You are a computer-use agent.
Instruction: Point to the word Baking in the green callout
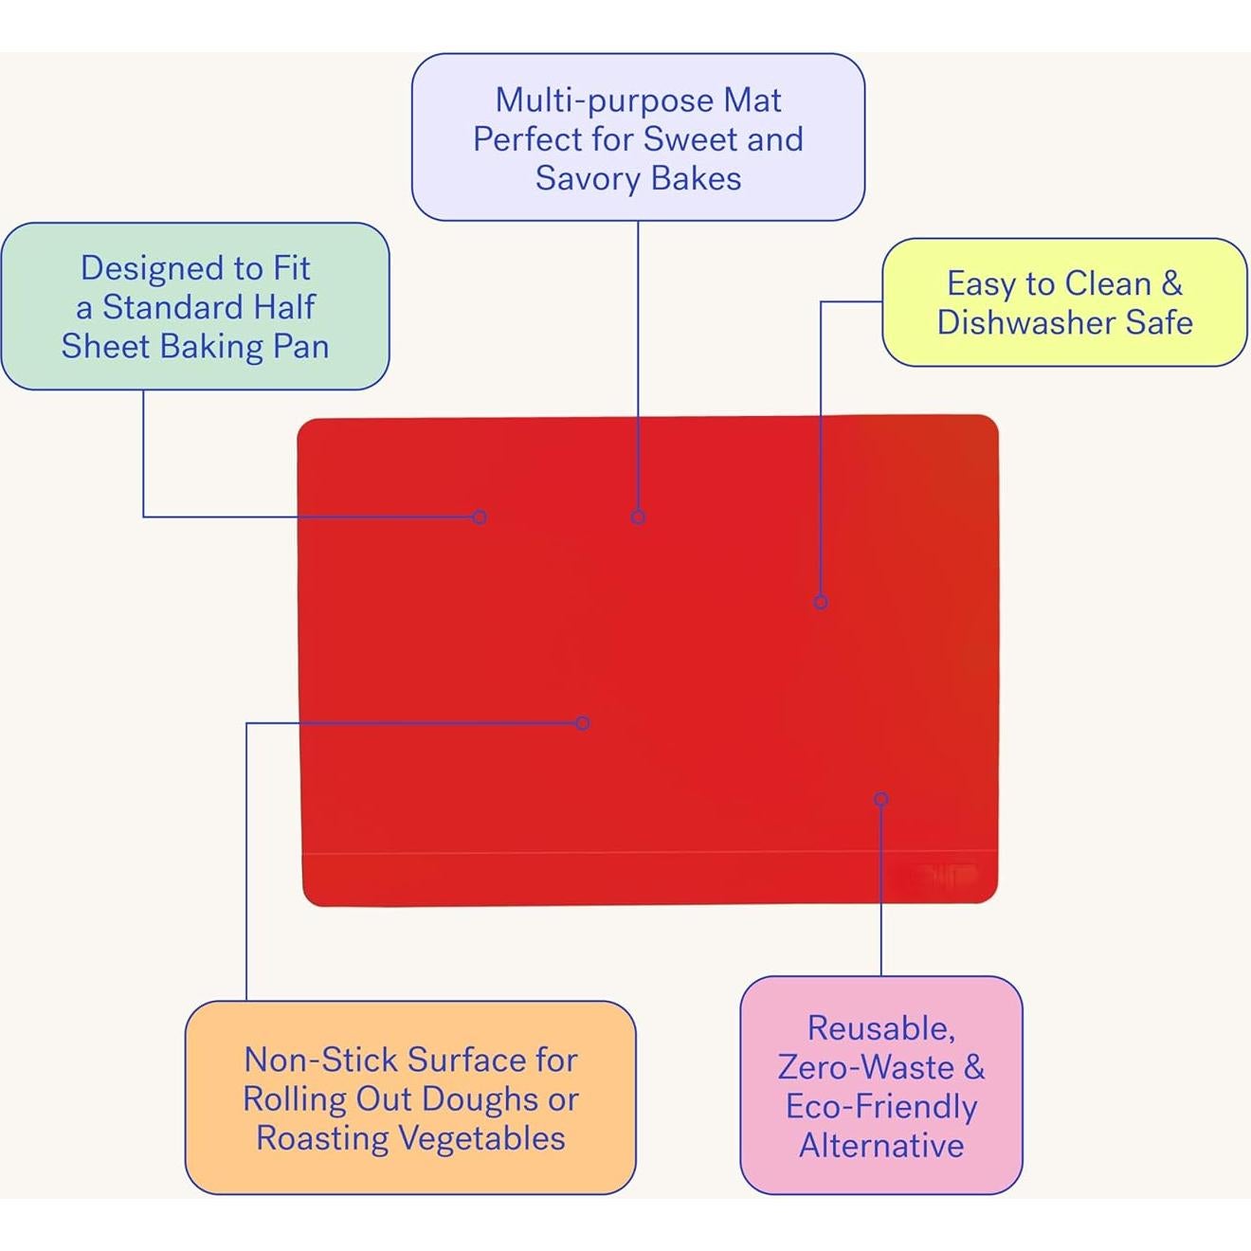(210, 347)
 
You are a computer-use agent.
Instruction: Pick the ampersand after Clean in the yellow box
(1171, 283)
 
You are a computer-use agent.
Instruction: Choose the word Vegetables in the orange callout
(481, 1138)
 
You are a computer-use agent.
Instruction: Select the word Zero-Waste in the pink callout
(866, 1067)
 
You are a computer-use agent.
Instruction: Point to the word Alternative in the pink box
(881, 1145)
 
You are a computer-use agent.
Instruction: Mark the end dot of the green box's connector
(480, 517)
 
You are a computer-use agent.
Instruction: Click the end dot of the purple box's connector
(638, 517)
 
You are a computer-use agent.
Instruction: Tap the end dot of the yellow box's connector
(821, 602)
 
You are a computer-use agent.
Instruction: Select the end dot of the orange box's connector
(582, 723)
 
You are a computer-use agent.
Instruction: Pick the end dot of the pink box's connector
(881, 799)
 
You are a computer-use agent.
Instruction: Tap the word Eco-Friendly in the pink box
(881, 1106)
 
